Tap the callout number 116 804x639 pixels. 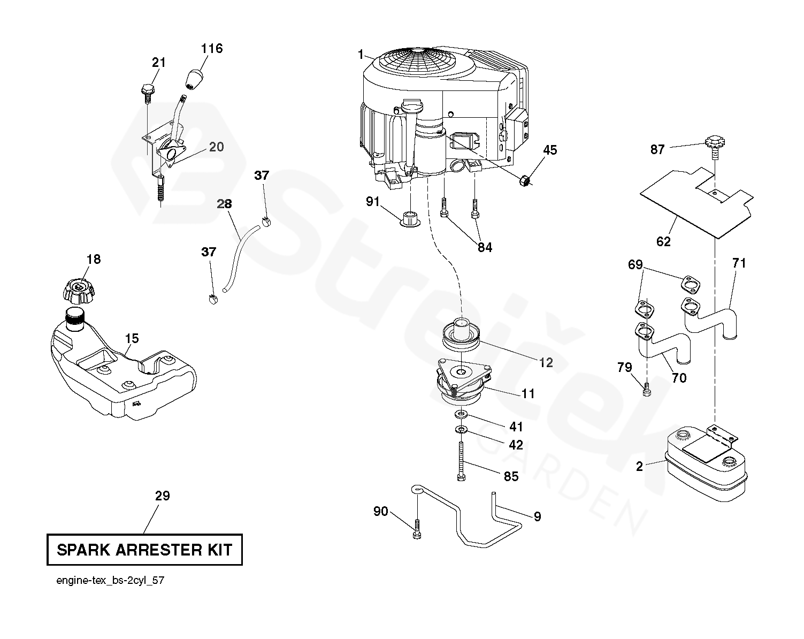(x=212, y=49)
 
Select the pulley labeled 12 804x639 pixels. (x=462, y=334)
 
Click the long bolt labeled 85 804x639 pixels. (x=462, y=461)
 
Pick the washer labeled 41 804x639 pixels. (x=462, y=414)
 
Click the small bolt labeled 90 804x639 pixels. (x=417, y=529)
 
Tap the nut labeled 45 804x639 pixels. (x=525, y=181)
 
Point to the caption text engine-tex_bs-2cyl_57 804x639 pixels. (x=110, y=581)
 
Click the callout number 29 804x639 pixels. (x=163, y=496)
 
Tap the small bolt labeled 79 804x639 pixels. (x=647, y=390)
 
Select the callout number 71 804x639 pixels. (x=739, y=263)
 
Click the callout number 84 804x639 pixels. (x=485, y=247)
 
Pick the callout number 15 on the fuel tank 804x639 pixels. (x=132, y=338)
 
